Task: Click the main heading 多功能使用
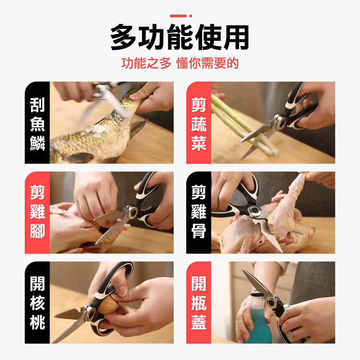click(180, 38)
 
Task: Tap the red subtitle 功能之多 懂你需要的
click(180, 63)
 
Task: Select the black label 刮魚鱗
click(37, 123)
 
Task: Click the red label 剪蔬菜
click(198, 123)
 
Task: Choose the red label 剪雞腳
click(37, 213)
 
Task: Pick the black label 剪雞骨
click(198, 213)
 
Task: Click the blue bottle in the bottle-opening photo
click(259, 326)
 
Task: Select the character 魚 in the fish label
click(37, 123)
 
